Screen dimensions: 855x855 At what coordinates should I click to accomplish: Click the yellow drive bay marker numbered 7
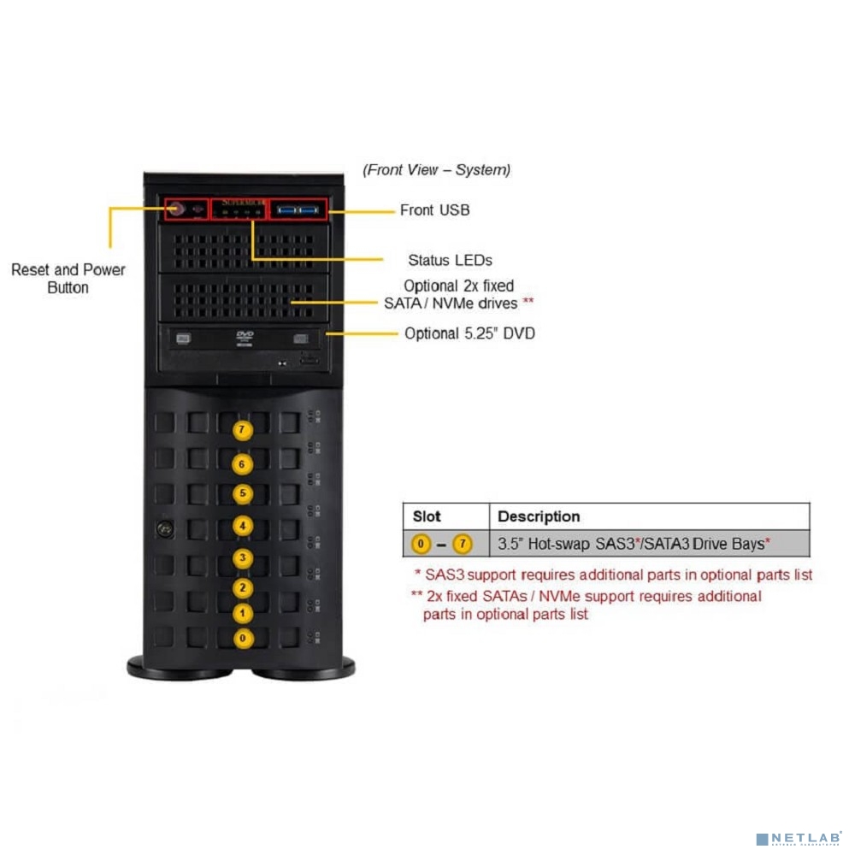point(244,430)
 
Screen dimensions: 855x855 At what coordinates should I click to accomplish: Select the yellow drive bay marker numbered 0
point(244,638)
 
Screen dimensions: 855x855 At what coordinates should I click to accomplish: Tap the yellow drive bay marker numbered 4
point(244,526)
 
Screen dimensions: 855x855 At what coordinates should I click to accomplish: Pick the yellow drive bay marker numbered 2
point(244,587)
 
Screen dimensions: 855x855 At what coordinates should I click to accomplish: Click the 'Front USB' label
point(434,210)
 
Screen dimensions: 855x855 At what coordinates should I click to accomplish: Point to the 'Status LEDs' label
point(450,260)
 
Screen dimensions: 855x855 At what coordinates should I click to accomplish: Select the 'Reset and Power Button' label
point(68,279)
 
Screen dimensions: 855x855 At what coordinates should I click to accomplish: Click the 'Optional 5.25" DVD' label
point(469,333)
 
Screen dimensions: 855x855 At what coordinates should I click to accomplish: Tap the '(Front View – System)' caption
point(437,170)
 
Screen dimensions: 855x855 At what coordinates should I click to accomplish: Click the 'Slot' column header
point(427,516)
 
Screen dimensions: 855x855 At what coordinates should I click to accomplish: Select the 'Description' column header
point(539,516)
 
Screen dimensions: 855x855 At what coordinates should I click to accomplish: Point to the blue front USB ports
point(297,209)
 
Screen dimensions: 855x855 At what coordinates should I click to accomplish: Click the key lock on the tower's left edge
point(159,529)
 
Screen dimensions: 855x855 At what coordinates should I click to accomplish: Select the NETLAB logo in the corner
point(801,838)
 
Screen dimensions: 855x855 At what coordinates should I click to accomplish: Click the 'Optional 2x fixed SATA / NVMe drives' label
point(459,294)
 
